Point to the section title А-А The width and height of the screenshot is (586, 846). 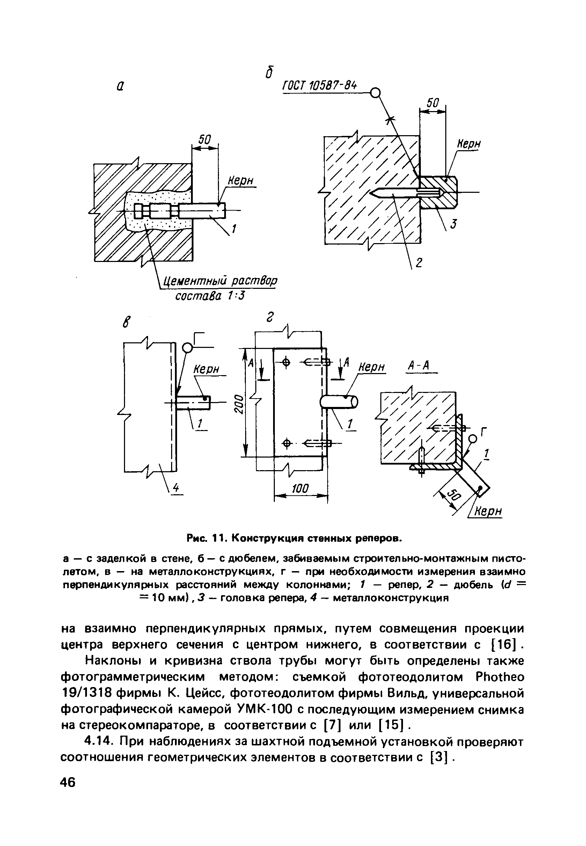tap(419, 366)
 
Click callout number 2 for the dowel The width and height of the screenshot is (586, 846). tap(419, 263)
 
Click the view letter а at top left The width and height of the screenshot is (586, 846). tap(120, 86)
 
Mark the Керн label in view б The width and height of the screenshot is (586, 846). tap(469, 144)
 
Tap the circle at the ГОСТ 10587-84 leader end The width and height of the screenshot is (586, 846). tap(375, 93)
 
